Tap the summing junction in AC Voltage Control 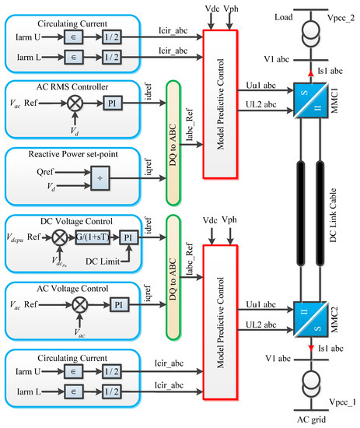pyautogui.click(x=75, y=302)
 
